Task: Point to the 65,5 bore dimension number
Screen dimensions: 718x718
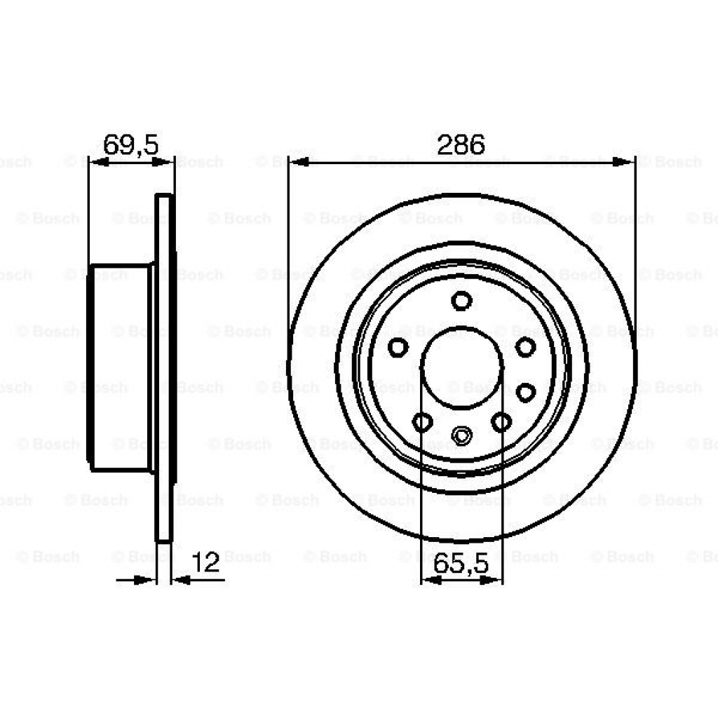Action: click(461, 563)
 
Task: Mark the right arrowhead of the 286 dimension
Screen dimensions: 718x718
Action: click(623, 162)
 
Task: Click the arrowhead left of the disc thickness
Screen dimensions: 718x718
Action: click(145, 580)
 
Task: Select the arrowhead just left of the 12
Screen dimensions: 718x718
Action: click(182, 580)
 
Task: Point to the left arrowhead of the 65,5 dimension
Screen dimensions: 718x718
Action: click(430, 580)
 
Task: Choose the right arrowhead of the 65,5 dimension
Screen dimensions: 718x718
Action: click(495, 580)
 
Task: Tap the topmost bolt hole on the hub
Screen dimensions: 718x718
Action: click(461, 301)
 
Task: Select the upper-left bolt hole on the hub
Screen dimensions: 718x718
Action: click(398, 346)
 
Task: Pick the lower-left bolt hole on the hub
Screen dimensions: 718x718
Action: click(422, 422)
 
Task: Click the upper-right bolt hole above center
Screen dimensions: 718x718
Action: click(525, 346)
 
